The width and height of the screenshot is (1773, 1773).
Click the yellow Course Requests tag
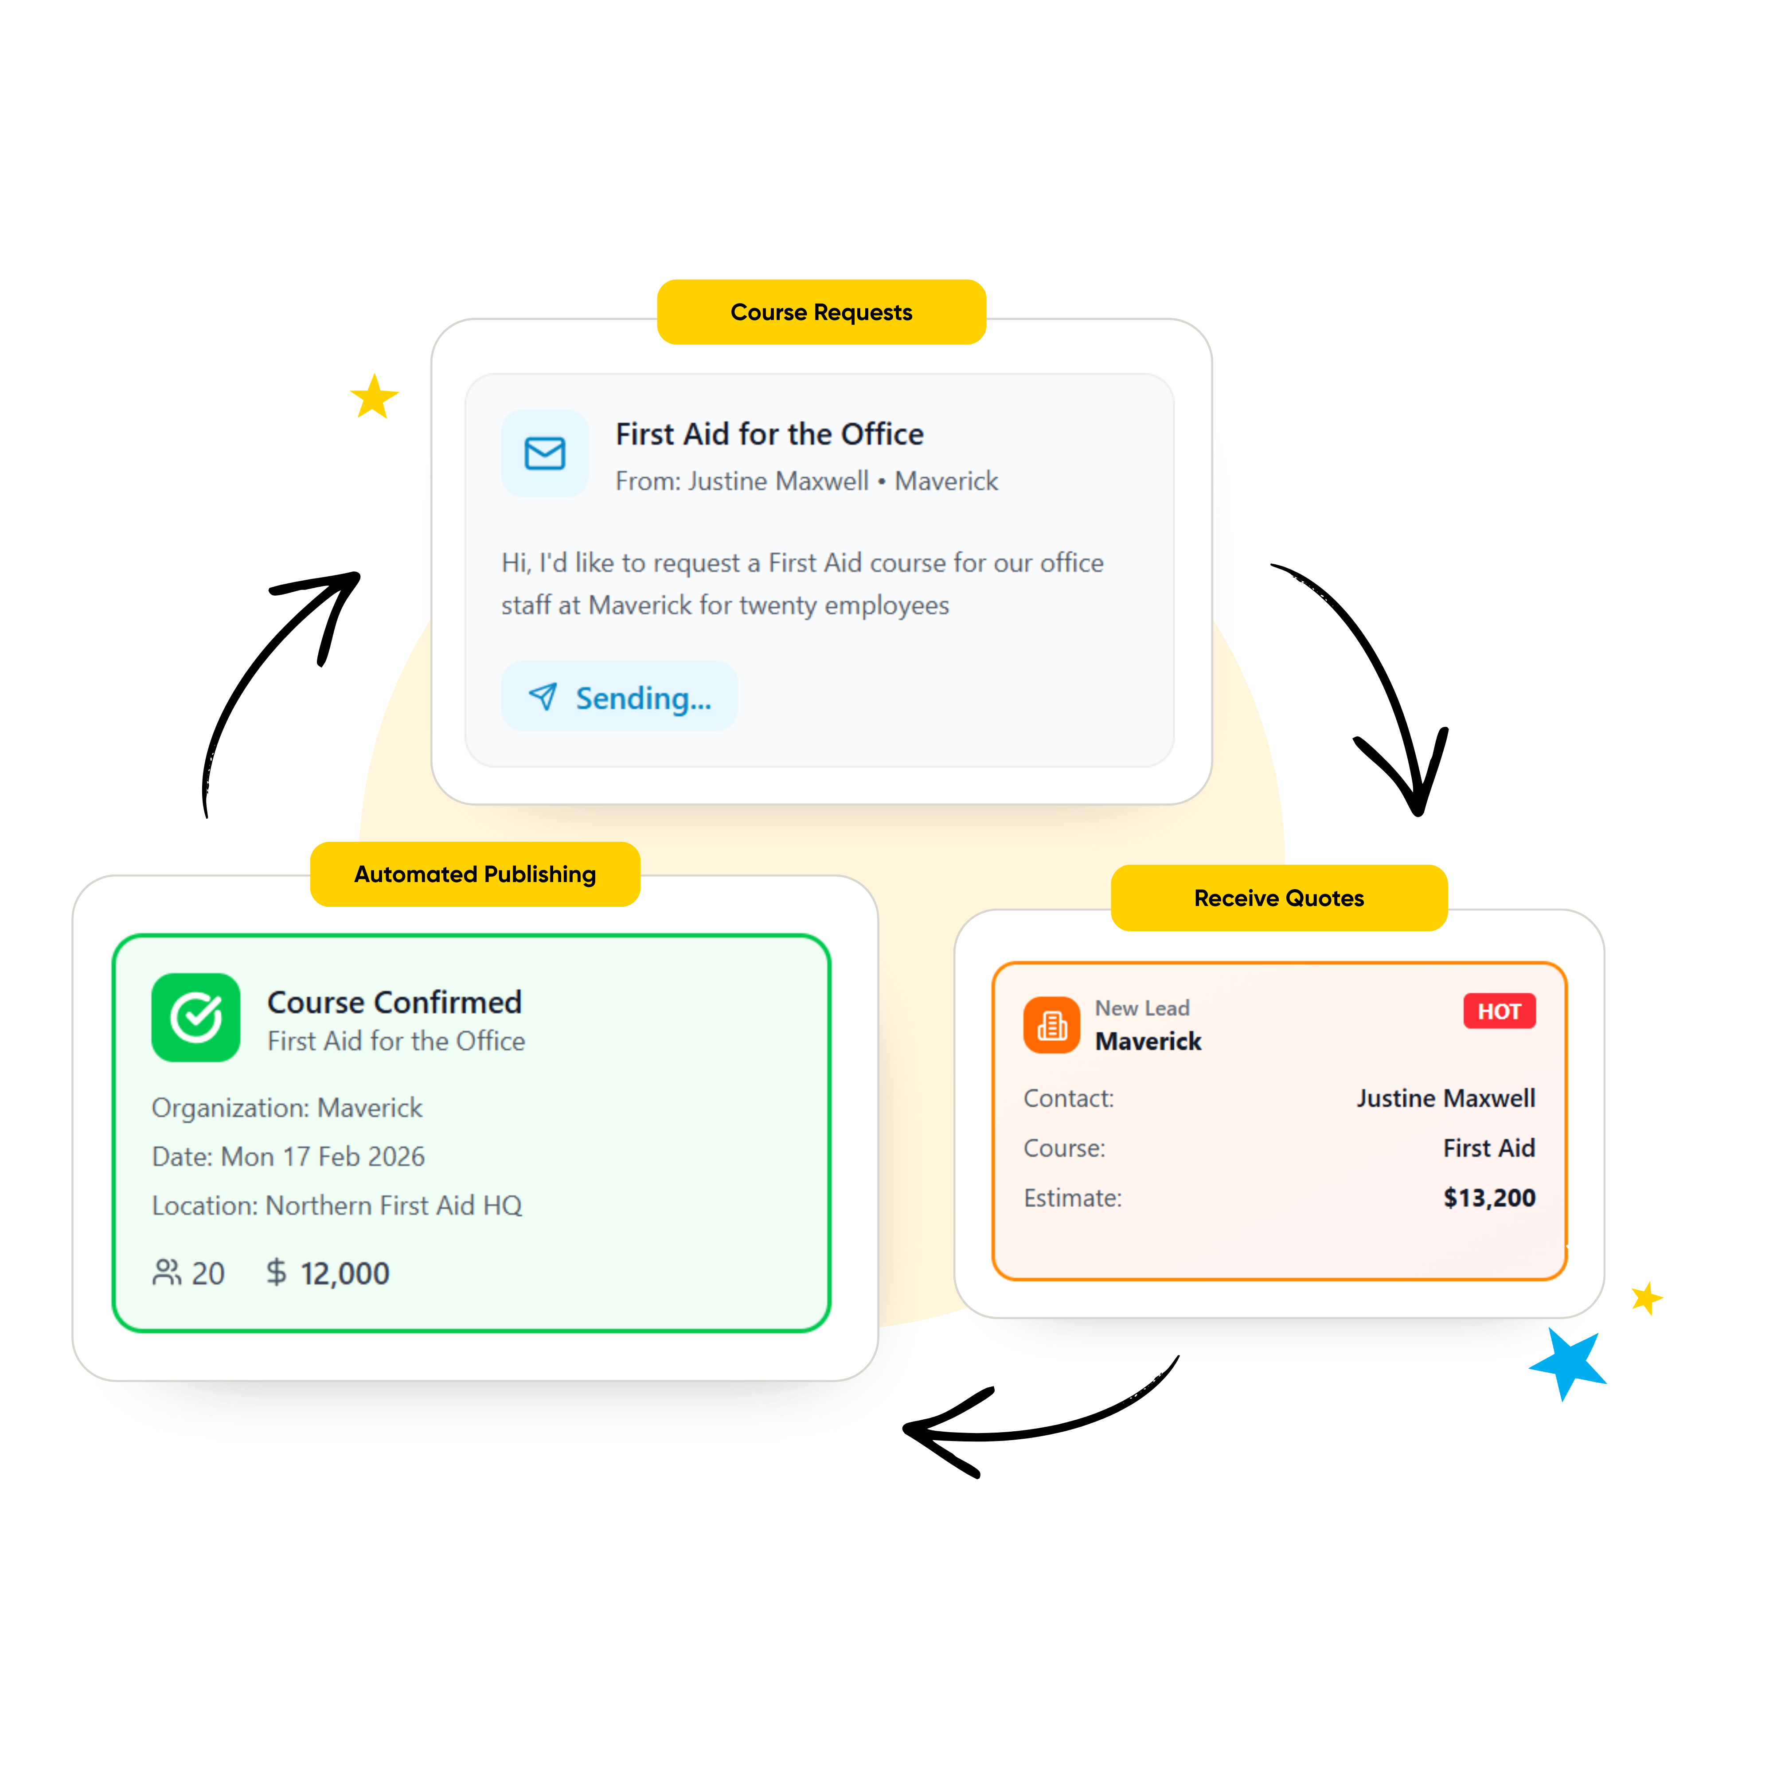[821, 312]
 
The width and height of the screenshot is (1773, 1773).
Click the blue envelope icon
[545, 453]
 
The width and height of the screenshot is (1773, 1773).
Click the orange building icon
[1052, 1025]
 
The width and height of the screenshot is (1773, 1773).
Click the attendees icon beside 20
[167, 1273]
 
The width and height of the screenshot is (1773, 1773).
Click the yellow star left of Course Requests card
[375, 396]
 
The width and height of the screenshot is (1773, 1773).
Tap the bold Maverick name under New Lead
[1148, 1042]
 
